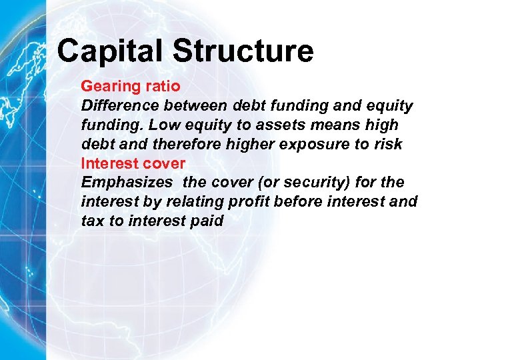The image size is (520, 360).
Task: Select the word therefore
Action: [171, 145]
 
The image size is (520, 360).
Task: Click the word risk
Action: [388, 145]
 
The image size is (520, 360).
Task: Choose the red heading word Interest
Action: [107, 164]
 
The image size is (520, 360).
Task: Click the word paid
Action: [207, 221]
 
